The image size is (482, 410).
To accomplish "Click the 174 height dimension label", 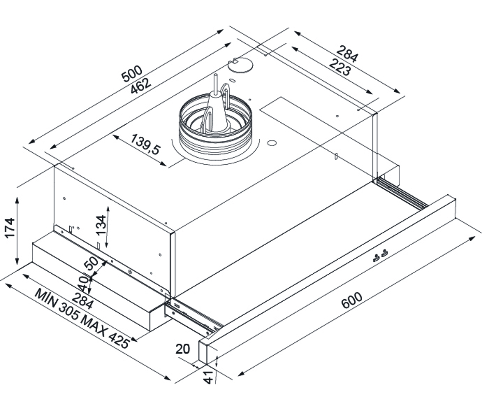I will click(x=10, y=228).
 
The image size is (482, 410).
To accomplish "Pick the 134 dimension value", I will click(x=101, y=225).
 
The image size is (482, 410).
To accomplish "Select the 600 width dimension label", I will click(x=352, y=300).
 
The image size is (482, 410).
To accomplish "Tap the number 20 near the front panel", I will click(x=183, y=349).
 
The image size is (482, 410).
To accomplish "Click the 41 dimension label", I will click(x=209, y=377).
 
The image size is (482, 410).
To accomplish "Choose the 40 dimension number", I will click(x=83, y=283).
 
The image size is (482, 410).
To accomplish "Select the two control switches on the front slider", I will click(x=380, y=255).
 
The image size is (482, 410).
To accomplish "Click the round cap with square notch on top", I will click(x=240, y=65).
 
